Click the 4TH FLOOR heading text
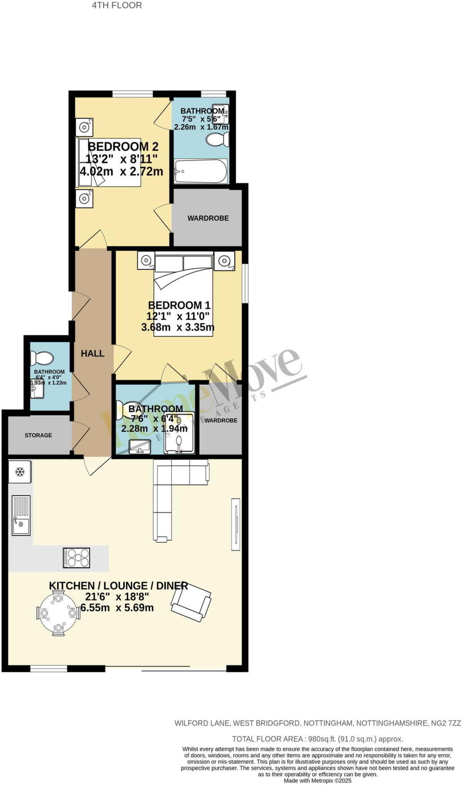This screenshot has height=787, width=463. click(117, 5)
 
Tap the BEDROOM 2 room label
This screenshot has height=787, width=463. click(123, 146)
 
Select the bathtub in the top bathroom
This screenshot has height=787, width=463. click(200, 171)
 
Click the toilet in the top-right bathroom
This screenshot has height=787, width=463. click(218, 139)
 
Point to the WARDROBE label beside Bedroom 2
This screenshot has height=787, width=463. click(208, 218)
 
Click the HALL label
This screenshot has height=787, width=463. click(93, 354)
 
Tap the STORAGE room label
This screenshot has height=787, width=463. click(38, 435)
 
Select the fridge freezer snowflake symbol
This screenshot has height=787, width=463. click(20, 472)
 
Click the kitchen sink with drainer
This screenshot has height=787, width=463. click(21, 515)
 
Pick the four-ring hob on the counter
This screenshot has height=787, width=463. click(76, 558)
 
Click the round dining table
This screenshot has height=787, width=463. click(58, 613)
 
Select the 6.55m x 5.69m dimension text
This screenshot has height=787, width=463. click(117, 608)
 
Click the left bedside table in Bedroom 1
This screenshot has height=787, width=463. click(146, 261)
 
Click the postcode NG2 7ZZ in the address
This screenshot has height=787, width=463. click(445, 723)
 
